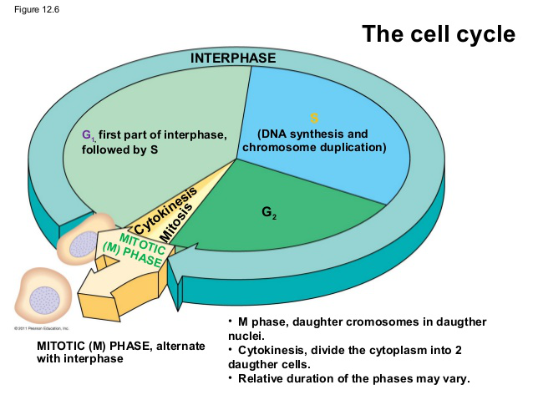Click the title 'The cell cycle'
pos(438,35)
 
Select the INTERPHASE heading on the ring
pos(232,58)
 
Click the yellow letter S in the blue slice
pos(314,118)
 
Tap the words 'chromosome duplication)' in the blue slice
pos(314,148)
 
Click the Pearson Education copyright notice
pos(33,329)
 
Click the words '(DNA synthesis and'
pos(312,134)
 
